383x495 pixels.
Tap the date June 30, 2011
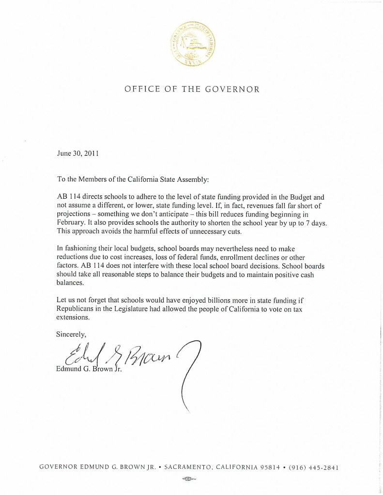(78, 154)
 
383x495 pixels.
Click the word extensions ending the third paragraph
(73, 318)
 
